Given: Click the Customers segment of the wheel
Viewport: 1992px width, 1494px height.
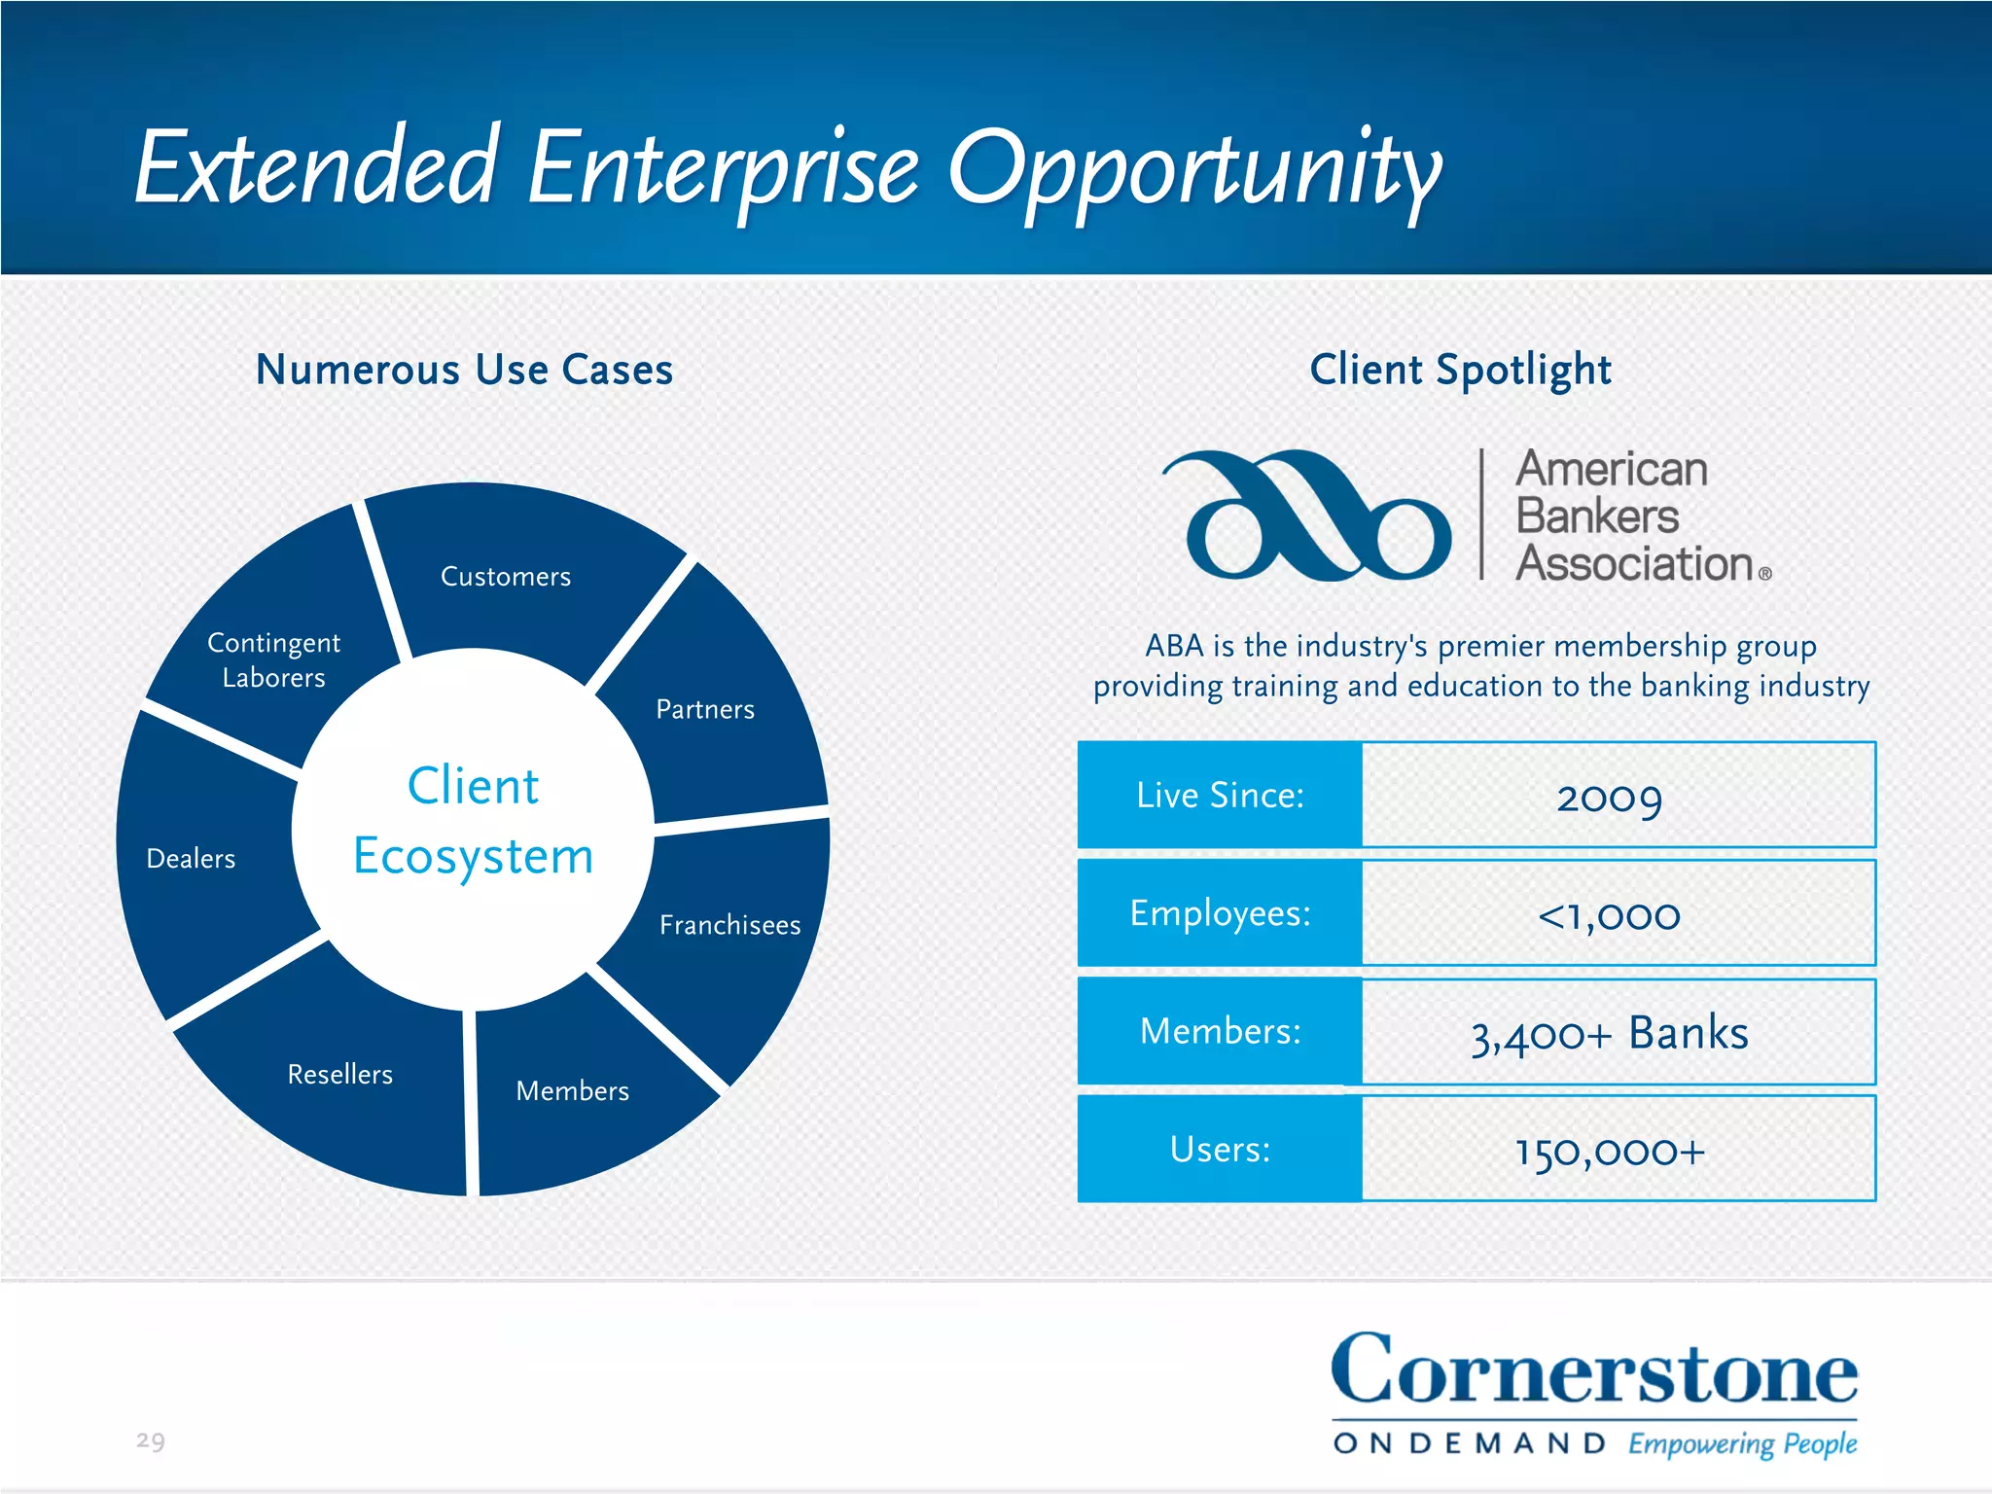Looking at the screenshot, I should pyautogui.click(x=506, y=577).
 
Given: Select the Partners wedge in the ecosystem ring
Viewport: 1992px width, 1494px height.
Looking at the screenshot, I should pyautogui.click(x=705, y=710).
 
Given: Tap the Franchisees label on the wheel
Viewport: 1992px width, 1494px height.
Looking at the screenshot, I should pyautogui.click(x=729, y=925).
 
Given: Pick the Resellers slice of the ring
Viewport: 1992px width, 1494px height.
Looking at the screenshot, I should pyautogui.click(x=340, y=1075).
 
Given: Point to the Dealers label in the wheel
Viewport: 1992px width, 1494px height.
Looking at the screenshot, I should pyautogui.click(x=191, y=859).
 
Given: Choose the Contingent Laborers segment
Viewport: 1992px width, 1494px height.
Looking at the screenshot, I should pyautogui.click(x=274, y=660).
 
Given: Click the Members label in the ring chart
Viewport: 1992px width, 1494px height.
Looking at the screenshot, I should pyautogui.click(x=573, y=1091).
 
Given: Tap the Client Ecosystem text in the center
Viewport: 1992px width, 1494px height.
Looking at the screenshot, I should pyautogui.click(x=474, y=821).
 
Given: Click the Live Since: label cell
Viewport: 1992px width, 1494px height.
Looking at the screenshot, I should pyautogui.click(x=1220, y=796).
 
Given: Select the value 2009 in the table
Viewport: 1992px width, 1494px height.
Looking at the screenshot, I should pyautogui.click(x=1610, y=798).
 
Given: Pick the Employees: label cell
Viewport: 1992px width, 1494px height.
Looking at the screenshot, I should pyautogui.click(x=1220, y=913).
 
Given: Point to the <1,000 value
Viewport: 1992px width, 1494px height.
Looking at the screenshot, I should pyautogui.click(x=1610, y=915).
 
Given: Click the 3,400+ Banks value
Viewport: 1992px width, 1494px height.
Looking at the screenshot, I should pyautogui.click(x=1610, y=1033).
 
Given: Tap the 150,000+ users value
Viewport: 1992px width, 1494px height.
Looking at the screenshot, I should pyautogui.click(x=1610, y=1152).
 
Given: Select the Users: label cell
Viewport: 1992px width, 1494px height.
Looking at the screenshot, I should pyautogui.click(x=1220, y=1150).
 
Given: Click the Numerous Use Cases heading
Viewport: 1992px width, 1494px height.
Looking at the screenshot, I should pyautogui.click(x=464, y=371).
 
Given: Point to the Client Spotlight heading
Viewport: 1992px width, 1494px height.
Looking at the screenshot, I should pyautogui.click(x=1460, y=371).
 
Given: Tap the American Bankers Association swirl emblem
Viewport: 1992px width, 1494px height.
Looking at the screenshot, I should pyautogui.click(x=1308, y=516).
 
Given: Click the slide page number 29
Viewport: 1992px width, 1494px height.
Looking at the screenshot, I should pyautogui.click(x=151, y=1441).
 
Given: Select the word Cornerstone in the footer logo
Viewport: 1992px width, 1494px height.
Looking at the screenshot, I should pyautogui.click(x=1594, y=1371).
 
